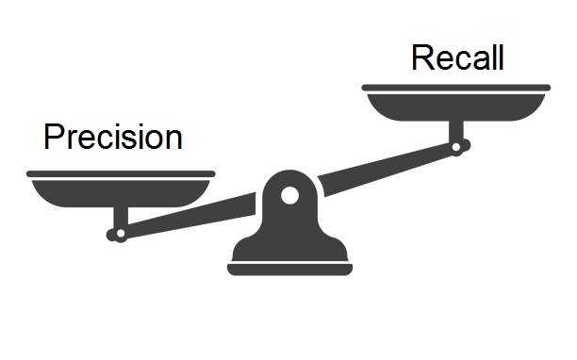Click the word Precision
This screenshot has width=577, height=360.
point(112,138)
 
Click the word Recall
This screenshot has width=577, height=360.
point(457,58)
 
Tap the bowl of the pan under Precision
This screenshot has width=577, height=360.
point(121,193)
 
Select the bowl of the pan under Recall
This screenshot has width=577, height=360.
point(456,106)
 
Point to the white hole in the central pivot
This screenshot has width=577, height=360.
point(289,196)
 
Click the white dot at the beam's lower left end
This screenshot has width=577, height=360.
point(120,234)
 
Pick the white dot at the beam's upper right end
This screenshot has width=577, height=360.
point(457,147)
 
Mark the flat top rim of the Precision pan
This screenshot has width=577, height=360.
point(121,174)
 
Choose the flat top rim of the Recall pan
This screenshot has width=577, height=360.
point(456,88)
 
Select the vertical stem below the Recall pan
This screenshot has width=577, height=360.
point(456,132)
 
